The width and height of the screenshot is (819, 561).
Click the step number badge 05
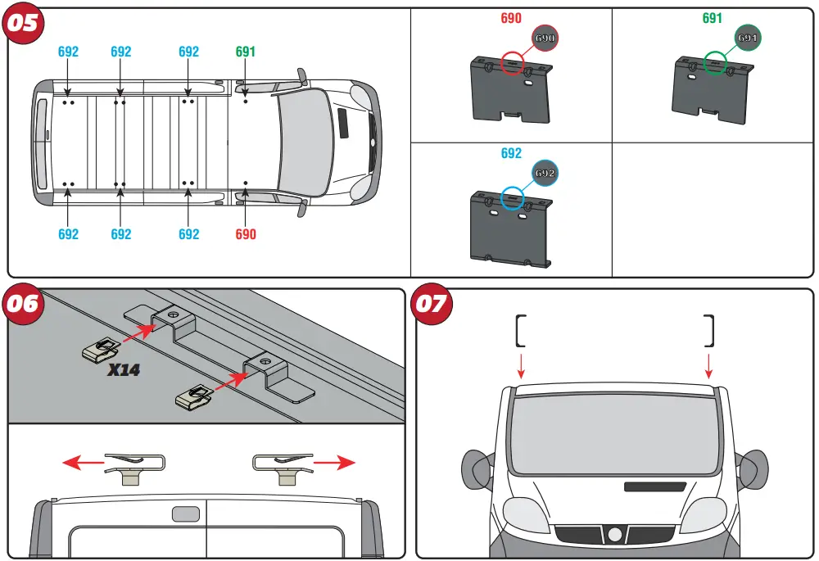(x=24, y=22)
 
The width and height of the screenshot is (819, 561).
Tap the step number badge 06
(x=24, y=303)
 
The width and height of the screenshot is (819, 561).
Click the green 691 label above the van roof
(x=246, y=52)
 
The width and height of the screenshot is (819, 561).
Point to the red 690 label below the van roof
(x=246, y=234)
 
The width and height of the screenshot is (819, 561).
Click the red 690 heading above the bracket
(x=511, y=18)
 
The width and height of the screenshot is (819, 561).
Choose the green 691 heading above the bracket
(x=713, y=18)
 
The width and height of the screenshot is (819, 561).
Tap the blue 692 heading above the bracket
(x=511, y=153)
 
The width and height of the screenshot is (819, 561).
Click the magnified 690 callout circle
(x=545, y=38)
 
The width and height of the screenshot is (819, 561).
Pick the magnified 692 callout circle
(x=545, y=174)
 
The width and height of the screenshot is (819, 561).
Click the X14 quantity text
(x=124, y=370)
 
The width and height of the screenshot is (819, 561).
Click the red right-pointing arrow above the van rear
(x=336, y=463)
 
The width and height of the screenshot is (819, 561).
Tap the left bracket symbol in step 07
(x=520, y=330)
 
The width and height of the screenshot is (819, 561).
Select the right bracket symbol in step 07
(x=709, y=330)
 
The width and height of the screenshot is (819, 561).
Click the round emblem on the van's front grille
(x=614, y=535)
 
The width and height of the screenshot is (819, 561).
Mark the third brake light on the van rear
(x=184, y=513)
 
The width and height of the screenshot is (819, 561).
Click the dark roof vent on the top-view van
(x=342, y=126)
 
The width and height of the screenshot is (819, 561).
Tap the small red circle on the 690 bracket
(x=513, y=64)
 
